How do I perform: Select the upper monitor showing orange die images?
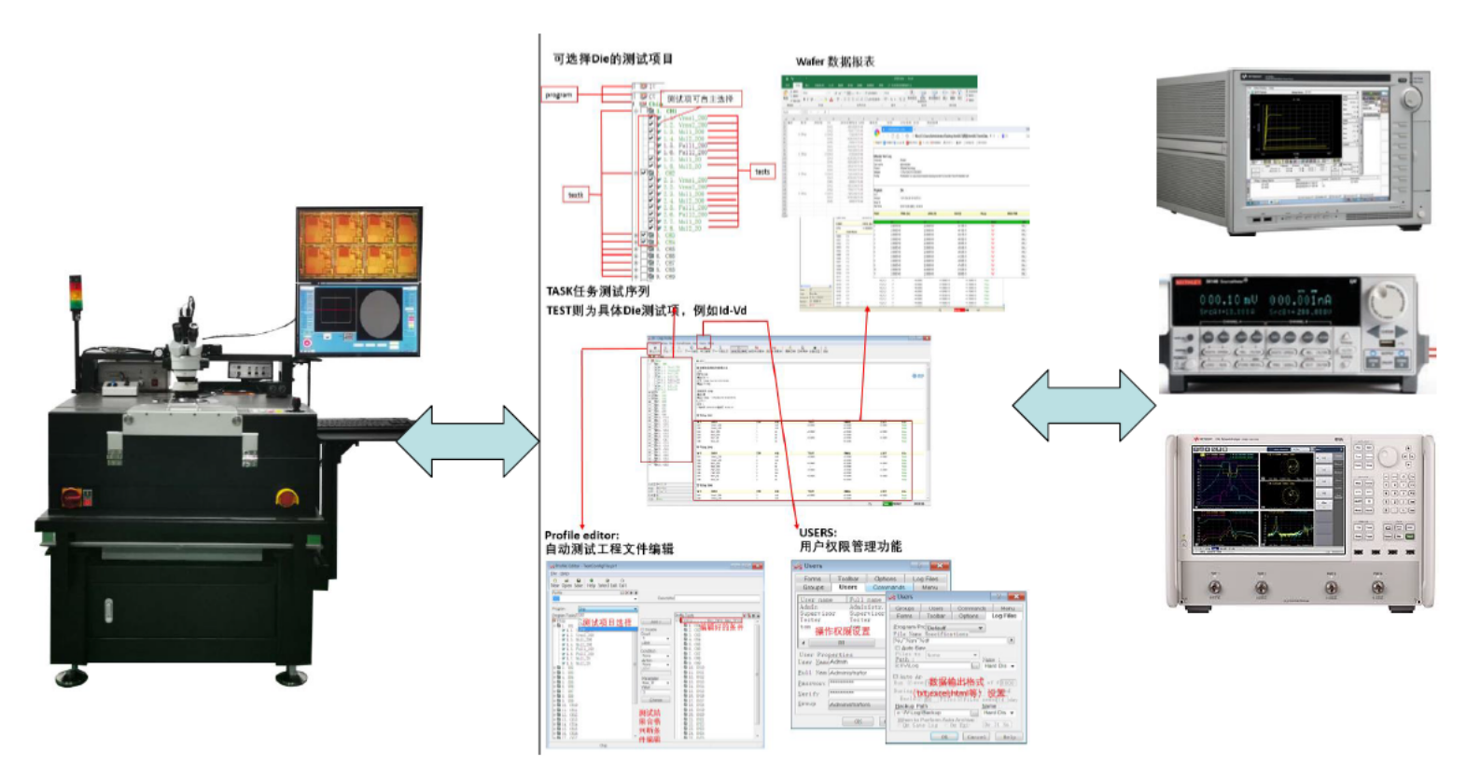[359, 244]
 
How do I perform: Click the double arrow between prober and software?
[468, 441]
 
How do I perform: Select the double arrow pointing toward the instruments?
[1083, 406]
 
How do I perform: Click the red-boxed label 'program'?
[559, 94]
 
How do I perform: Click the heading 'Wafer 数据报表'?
[834, 62]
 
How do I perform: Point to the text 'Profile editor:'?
[581, 535]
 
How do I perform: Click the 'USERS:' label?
[817, 533]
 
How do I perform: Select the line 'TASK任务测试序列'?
[597, 291]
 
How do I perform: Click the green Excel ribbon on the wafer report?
[878, 81]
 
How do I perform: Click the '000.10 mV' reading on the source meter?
[1228, 300]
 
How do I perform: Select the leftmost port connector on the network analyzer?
[1214, 588]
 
